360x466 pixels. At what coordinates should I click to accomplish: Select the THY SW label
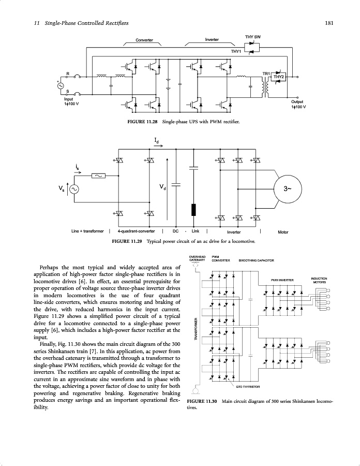point(252,37)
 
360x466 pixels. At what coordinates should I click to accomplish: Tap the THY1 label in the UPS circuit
point(236,51)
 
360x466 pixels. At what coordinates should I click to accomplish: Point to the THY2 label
point(279,77)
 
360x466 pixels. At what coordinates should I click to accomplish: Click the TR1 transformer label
point(266,74)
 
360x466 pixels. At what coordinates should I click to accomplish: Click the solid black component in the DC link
point(194,210)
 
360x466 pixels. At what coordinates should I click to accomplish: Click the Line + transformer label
point(87,231)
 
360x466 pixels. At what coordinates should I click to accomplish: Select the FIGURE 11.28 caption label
point(143,122)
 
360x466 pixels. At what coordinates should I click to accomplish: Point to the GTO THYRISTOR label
point(248,387)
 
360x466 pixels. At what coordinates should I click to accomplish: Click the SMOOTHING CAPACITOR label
point(256,260)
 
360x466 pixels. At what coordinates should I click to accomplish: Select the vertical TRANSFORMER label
point(195,329)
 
